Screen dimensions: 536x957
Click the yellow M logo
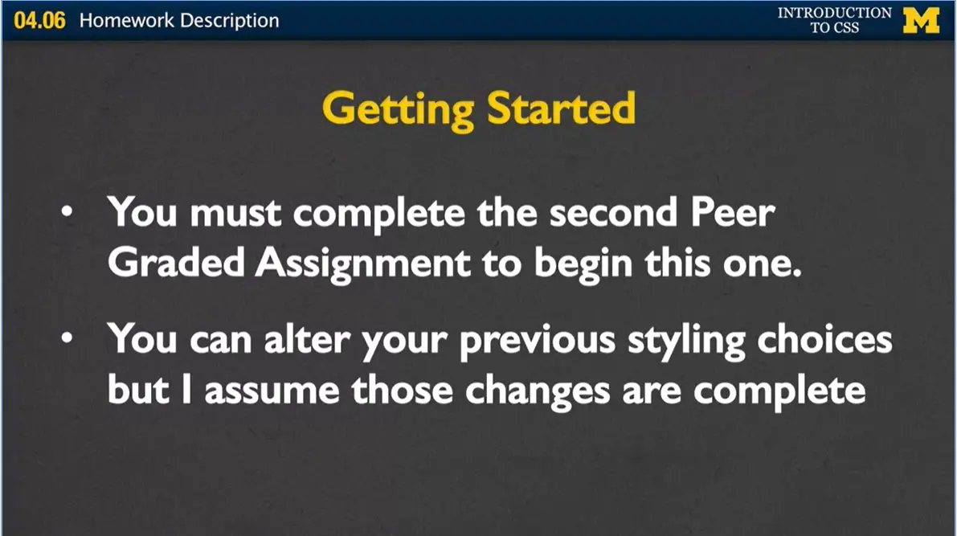pyautogui.click(x=921, y=20)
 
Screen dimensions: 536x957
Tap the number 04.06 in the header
pyautogui.click(x=39, y=20)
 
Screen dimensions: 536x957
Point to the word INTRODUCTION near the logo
pyautogui.click(x=834, y=13)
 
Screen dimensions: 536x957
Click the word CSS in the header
pyautogui.click(x=846, y=28)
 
